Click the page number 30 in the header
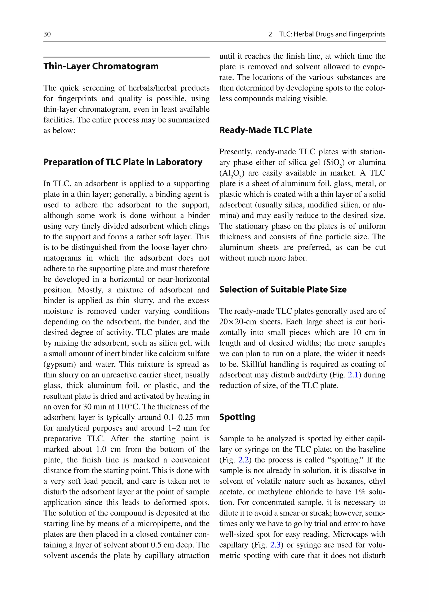pyautogui.click(x=47, y=34)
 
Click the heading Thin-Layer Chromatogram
pyautogui.click(x=101, y=66)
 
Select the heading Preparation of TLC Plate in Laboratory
pyautogui.click(x=123, y=162)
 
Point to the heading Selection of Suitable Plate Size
pyautogui.click(x=283, y=289)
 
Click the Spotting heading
pyautogui.click(x=237, y=417)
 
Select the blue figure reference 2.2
pyautogui.click(x=243, y=460)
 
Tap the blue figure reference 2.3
pyautogui.click(x=275, y=545)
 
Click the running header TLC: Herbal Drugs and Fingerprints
pyautogui.click(x=332, y=34)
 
